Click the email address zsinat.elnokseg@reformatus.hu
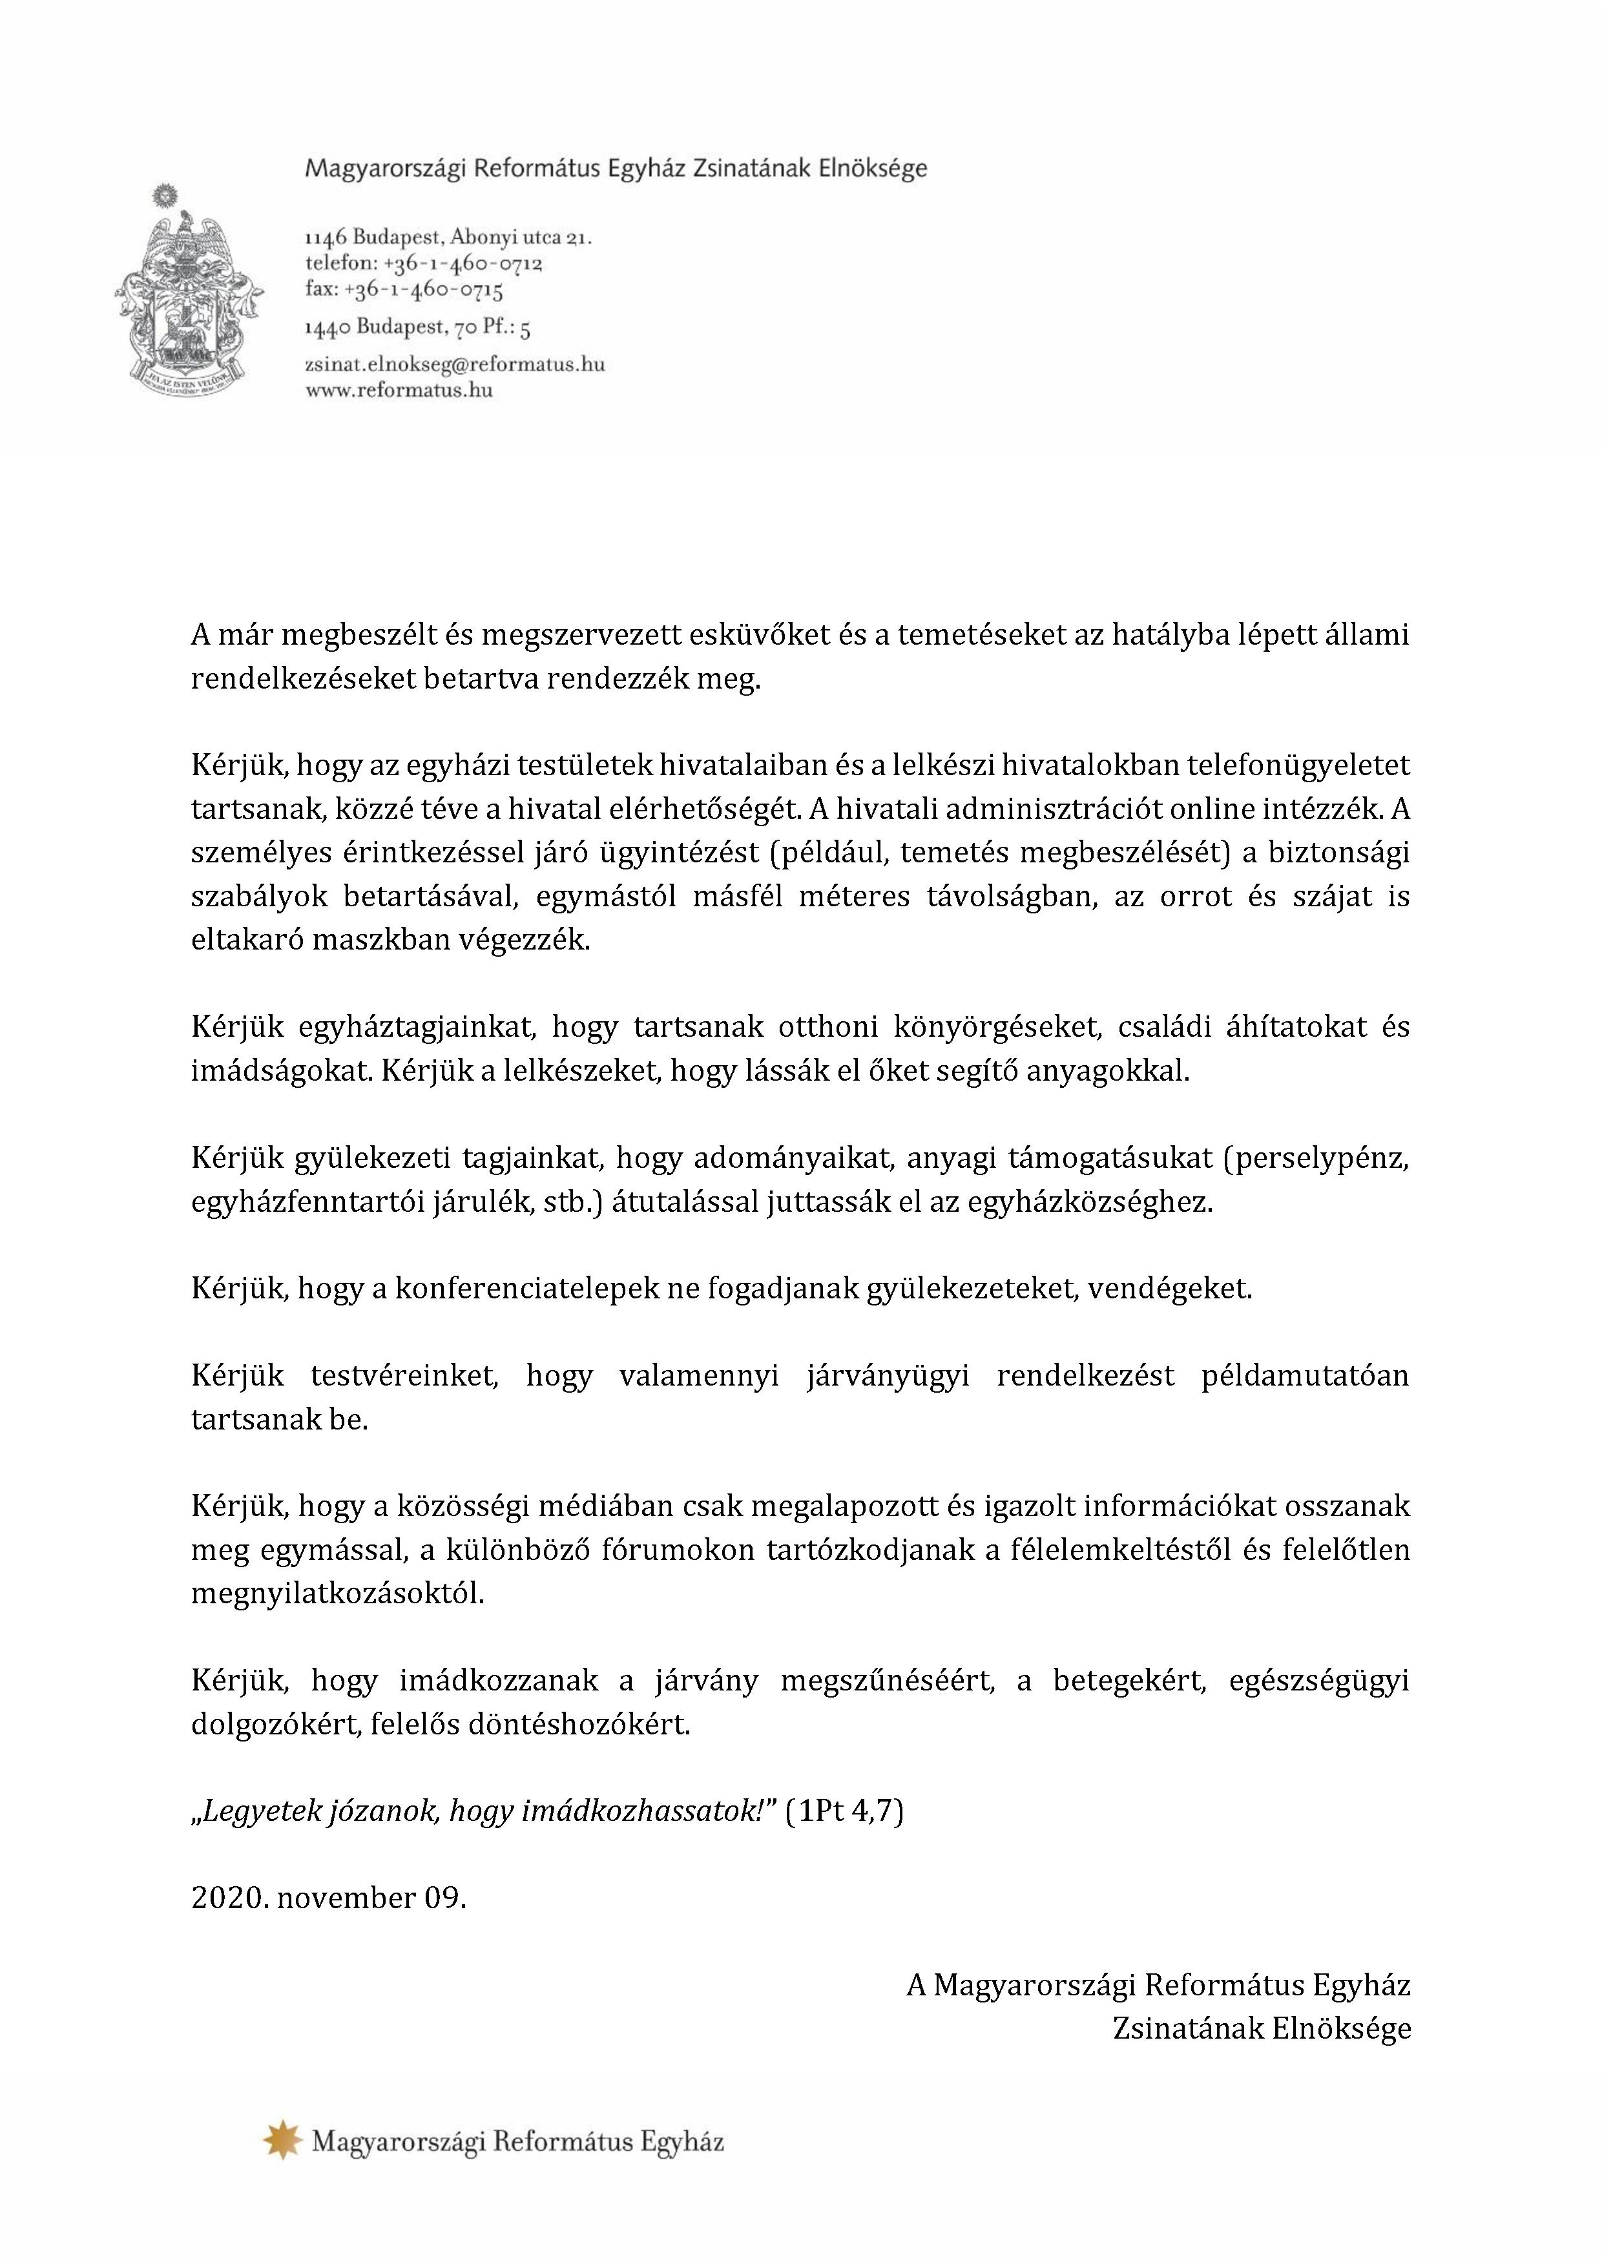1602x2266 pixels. (454, 364)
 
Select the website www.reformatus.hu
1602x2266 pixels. (399, 391)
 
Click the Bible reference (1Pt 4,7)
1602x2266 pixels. (845, 1813)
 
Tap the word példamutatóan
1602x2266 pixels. (1305, 1376)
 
